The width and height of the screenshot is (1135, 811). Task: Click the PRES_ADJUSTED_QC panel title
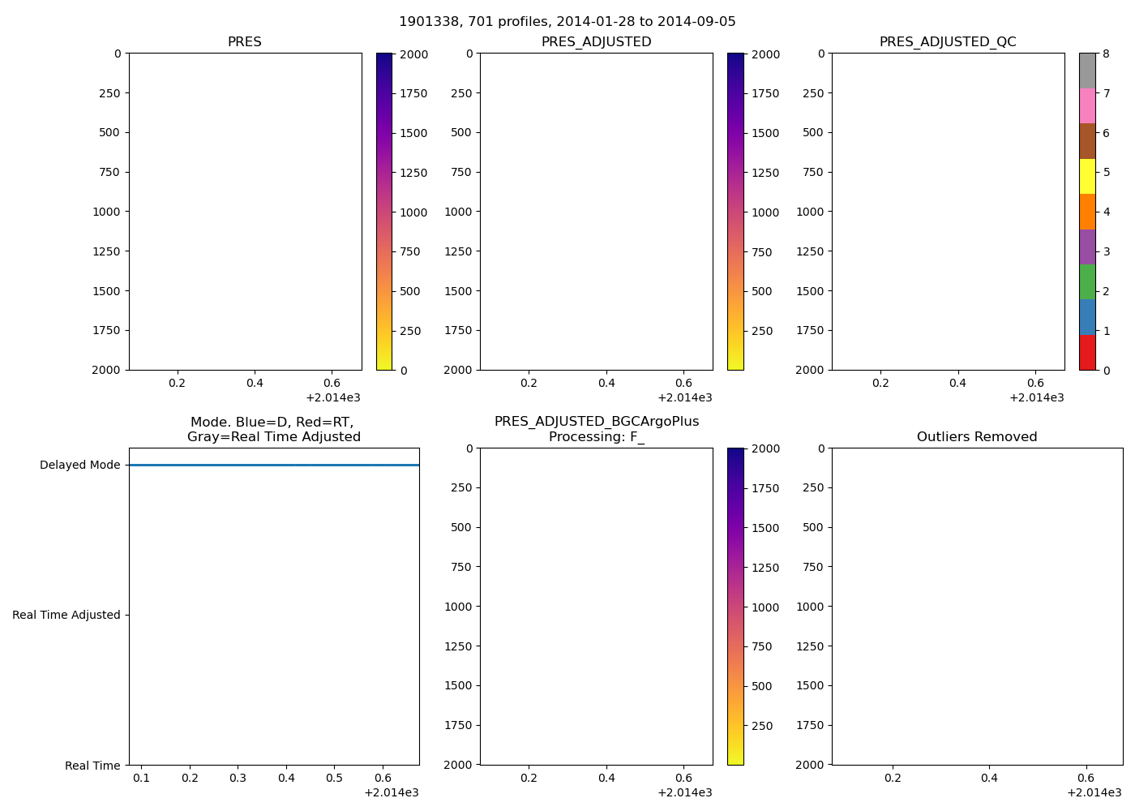coord(948,42)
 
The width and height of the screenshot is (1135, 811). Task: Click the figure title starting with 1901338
coord(567,22)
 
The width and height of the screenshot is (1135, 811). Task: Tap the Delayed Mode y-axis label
coord(79,466)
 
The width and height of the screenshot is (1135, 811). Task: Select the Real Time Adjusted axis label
coord(66,616)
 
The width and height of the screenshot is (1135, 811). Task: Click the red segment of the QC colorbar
coord(1087,353)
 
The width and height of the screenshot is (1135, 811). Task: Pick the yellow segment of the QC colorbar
coord(1087,177)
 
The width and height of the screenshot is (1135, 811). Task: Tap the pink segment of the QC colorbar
coord(1087,106)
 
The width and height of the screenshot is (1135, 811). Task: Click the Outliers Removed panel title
coord(977,437)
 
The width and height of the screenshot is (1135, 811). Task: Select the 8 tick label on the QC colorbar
coord(1107,54)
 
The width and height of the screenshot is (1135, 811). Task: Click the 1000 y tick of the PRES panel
coord(106,212)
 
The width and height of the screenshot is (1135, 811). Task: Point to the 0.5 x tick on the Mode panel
coord(334,779)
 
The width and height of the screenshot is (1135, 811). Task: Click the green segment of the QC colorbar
coord(1087,282)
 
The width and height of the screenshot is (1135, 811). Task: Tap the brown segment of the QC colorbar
coord(1087,141)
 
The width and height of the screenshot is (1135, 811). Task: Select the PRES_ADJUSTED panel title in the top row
coord(596,42)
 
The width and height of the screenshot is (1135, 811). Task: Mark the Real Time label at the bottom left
coord(92,766)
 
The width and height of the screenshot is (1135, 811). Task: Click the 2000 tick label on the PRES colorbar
coord(413,55)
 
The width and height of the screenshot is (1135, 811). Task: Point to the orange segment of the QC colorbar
coord(1087,212)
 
